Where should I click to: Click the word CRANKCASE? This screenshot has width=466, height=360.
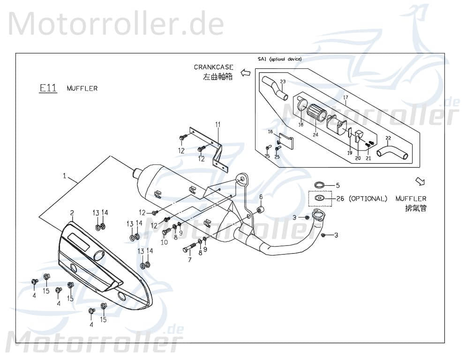tap(213, 67)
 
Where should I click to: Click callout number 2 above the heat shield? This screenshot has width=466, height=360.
tap(72, 212)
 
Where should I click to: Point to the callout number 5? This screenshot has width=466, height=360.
tap(337, 185)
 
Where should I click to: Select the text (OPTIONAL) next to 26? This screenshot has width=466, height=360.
tap(368, 199)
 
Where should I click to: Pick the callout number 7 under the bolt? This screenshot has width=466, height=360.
tap(190, 260)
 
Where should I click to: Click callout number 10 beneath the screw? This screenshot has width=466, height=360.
tap(164, 242)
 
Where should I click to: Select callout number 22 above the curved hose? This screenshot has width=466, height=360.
tap(388, 138)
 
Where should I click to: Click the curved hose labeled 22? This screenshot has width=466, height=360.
tap(391, 153)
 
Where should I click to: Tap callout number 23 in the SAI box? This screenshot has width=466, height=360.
tap(282, 82)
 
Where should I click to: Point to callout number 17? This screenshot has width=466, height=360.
tap(345, 98)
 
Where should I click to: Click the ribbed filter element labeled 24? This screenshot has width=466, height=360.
tap(317, 115)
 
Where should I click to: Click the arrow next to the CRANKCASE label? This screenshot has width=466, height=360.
tap(245, 72)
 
